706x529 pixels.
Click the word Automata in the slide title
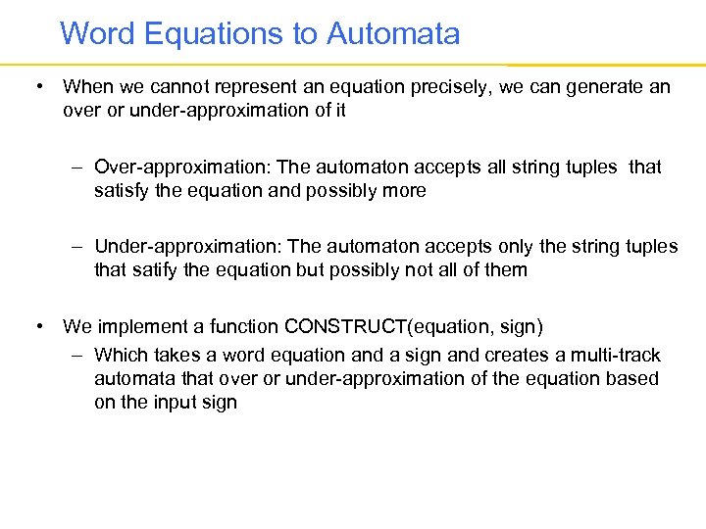point(393,34)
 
